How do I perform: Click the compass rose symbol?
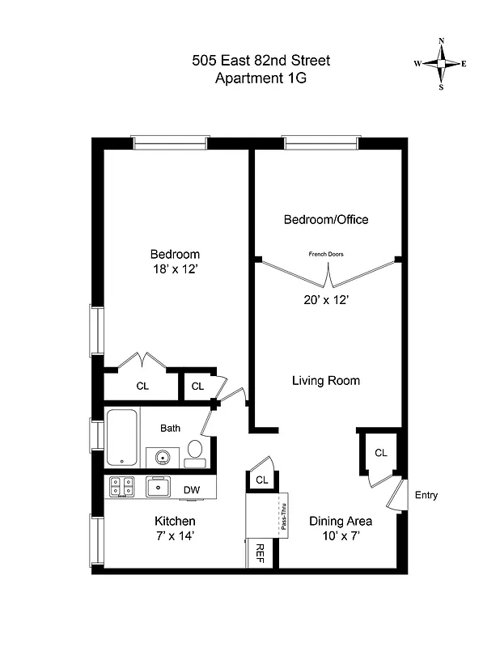point(441,64)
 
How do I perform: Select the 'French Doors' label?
point(326,254)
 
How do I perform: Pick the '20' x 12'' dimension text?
point(325,298)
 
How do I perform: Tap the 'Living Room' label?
point(325,380)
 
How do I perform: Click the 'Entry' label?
point(426,495)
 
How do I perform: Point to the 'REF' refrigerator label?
point(261,553)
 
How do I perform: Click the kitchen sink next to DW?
point(156,487)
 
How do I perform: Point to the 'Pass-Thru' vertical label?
point(284,514)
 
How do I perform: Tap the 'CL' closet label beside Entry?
point(380,453)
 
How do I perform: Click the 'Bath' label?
point(170,429)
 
